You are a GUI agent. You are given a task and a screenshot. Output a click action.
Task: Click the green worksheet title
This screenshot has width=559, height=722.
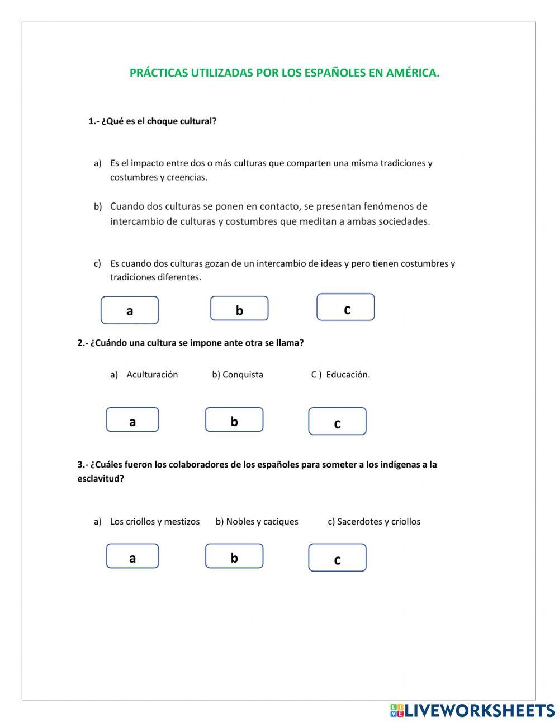[284, 73]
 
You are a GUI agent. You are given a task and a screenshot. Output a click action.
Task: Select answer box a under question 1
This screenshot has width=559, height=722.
[130, 310]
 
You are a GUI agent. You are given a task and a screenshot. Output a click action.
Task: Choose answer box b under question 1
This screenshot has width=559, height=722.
[239, 309]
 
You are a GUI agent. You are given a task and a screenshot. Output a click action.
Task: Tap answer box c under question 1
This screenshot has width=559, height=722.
[345, 308]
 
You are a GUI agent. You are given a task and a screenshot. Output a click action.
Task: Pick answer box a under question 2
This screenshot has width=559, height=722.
[132, 420]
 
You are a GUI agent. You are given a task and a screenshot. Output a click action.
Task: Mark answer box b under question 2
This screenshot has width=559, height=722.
[234, 420]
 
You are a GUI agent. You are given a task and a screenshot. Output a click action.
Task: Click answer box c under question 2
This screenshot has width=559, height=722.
[337, 422]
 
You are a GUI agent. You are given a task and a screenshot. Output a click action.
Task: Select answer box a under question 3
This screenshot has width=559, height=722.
[132, 556]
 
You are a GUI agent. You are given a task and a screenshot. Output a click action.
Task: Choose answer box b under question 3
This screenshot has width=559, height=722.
[234, 556]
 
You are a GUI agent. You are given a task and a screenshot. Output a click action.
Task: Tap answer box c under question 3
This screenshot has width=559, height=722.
[337, 558]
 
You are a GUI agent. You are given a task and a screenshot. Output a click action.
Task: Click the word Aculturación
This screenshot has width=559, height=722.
[152, 375]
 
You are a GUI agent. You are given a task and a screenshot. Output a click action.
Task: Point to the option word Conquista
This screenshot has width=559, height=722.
[243, 375]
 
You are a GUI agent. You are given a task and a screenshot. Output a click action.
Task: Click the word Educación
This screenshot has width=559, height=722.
[348, 375]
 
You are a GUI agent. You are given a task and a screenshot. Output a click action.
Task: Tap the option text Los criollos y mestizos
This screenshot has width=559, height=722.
[155, 522]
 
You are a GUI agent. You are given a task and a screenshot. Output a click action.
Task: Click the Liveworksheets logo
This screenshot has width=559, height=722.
[472, 710]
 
